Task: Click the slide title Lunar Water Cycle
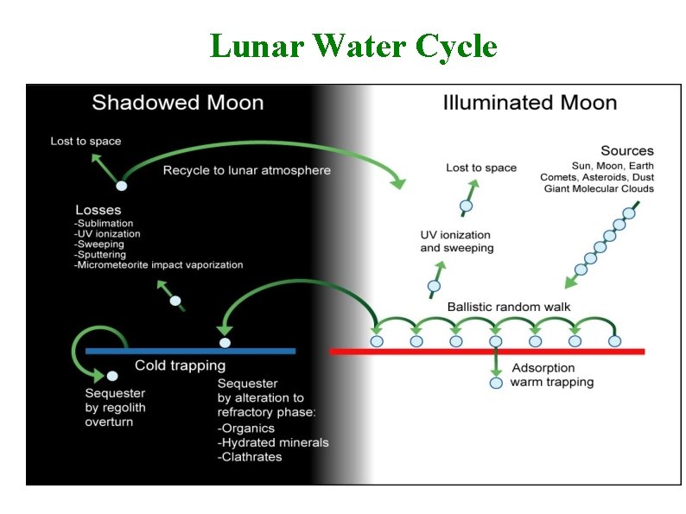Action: click(353, 46)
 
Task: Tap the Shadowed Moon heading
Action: click(177, 103)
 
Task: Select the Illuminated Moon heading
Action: click(530, 103)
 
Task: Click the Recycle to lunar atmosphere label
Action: click(247, 170)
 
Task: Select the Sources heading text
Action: click(627, 151)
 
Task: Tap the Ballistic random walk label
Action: click(509, 307)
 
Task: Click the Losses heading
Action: click(98, 210)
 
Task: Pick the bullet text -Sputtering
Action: click(100, 255)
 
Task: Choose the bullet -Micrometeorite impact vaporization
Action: click(159, 265)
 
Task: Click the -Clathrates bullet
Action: click(250, 456)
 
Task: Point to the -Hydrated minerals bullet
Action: click(273, 442)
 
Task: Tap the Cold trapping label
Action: click(180, 365)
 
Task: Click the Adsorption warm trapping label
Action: click(552, 374)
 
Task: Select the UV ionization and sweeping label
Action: click(456, 241)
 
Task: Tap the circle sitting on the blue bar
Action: click(225, 343)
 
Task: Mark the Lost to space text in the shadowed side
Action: click(86, 141)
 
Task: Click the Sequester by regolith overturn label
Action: click(115, 409)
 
